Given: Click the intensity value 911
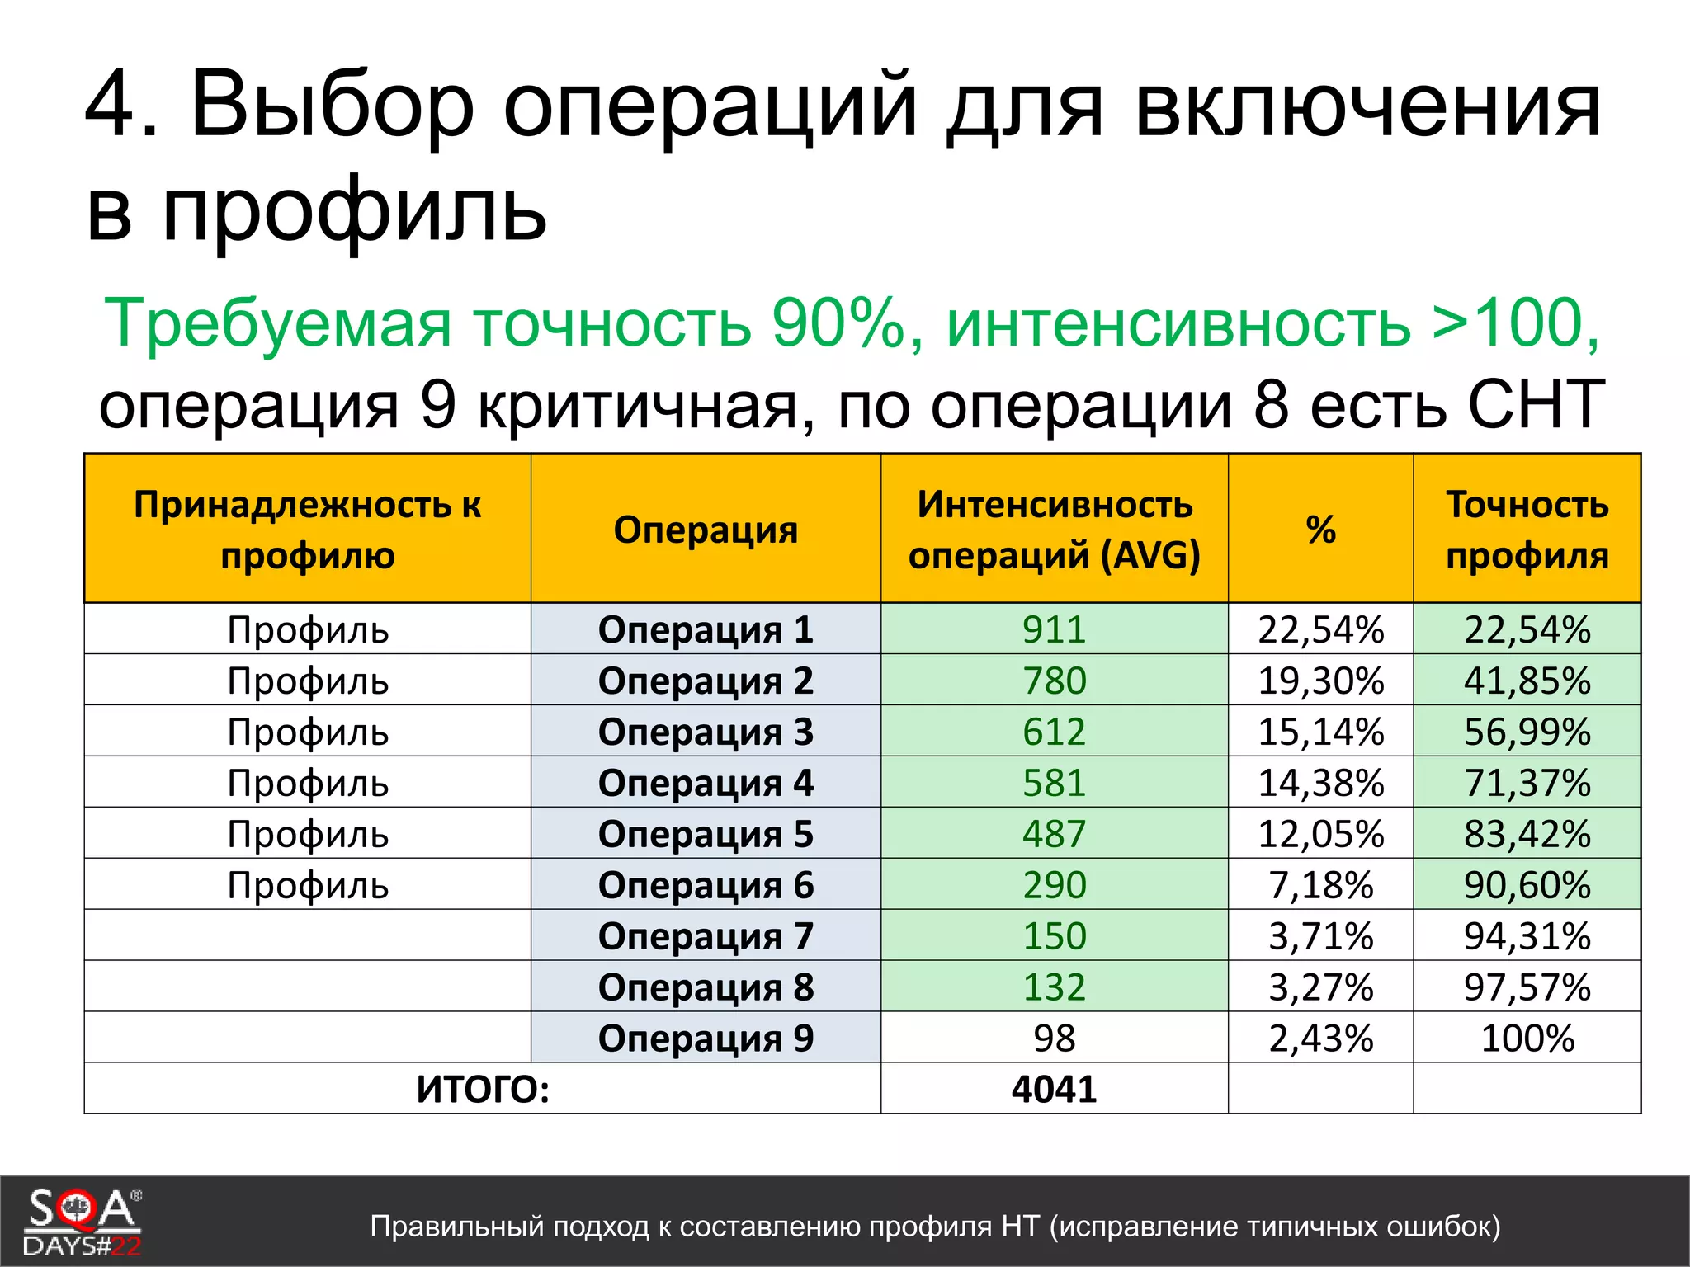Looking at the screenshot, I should pos(1054,629).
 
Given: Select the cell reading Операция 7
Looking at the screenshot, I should pos(706,936).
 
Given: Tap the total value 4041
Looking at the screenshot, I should pos(1054,1090).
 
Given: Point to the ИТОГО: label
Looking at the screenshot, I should pos(483,1090).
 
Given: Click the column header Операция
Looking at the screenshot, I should pos(706,530).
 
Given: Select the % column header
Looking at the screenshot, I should pos(1320,530).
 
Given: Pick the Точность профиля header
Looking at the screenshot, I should pos(1527,530).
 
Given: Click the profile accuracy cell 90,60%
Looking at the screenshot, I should pos(1527,885).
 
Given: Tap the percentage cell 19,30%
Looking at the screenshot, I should pos(1320,681).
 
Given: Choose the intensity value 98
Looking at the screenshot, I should pos(1054,1039).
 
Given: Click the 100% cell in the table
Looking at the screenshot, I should pos(1527,1039).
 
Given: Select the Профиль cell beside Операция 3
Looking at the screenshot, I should pos(308,732).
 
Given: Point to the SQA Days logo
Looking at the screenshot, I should pos(83,1222).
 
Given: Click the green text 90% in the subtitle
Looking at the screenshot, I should pos(838,323).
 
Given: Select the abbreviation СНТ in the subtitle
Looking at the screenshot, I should pos(1535,404).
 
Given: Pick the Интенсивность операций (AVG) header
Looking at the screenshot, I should pos(1054,530).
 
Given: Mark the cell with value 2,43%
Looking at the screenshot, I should pos(1320,1039).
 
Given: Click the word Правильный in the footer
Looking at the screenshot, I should pos(456,1227).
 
